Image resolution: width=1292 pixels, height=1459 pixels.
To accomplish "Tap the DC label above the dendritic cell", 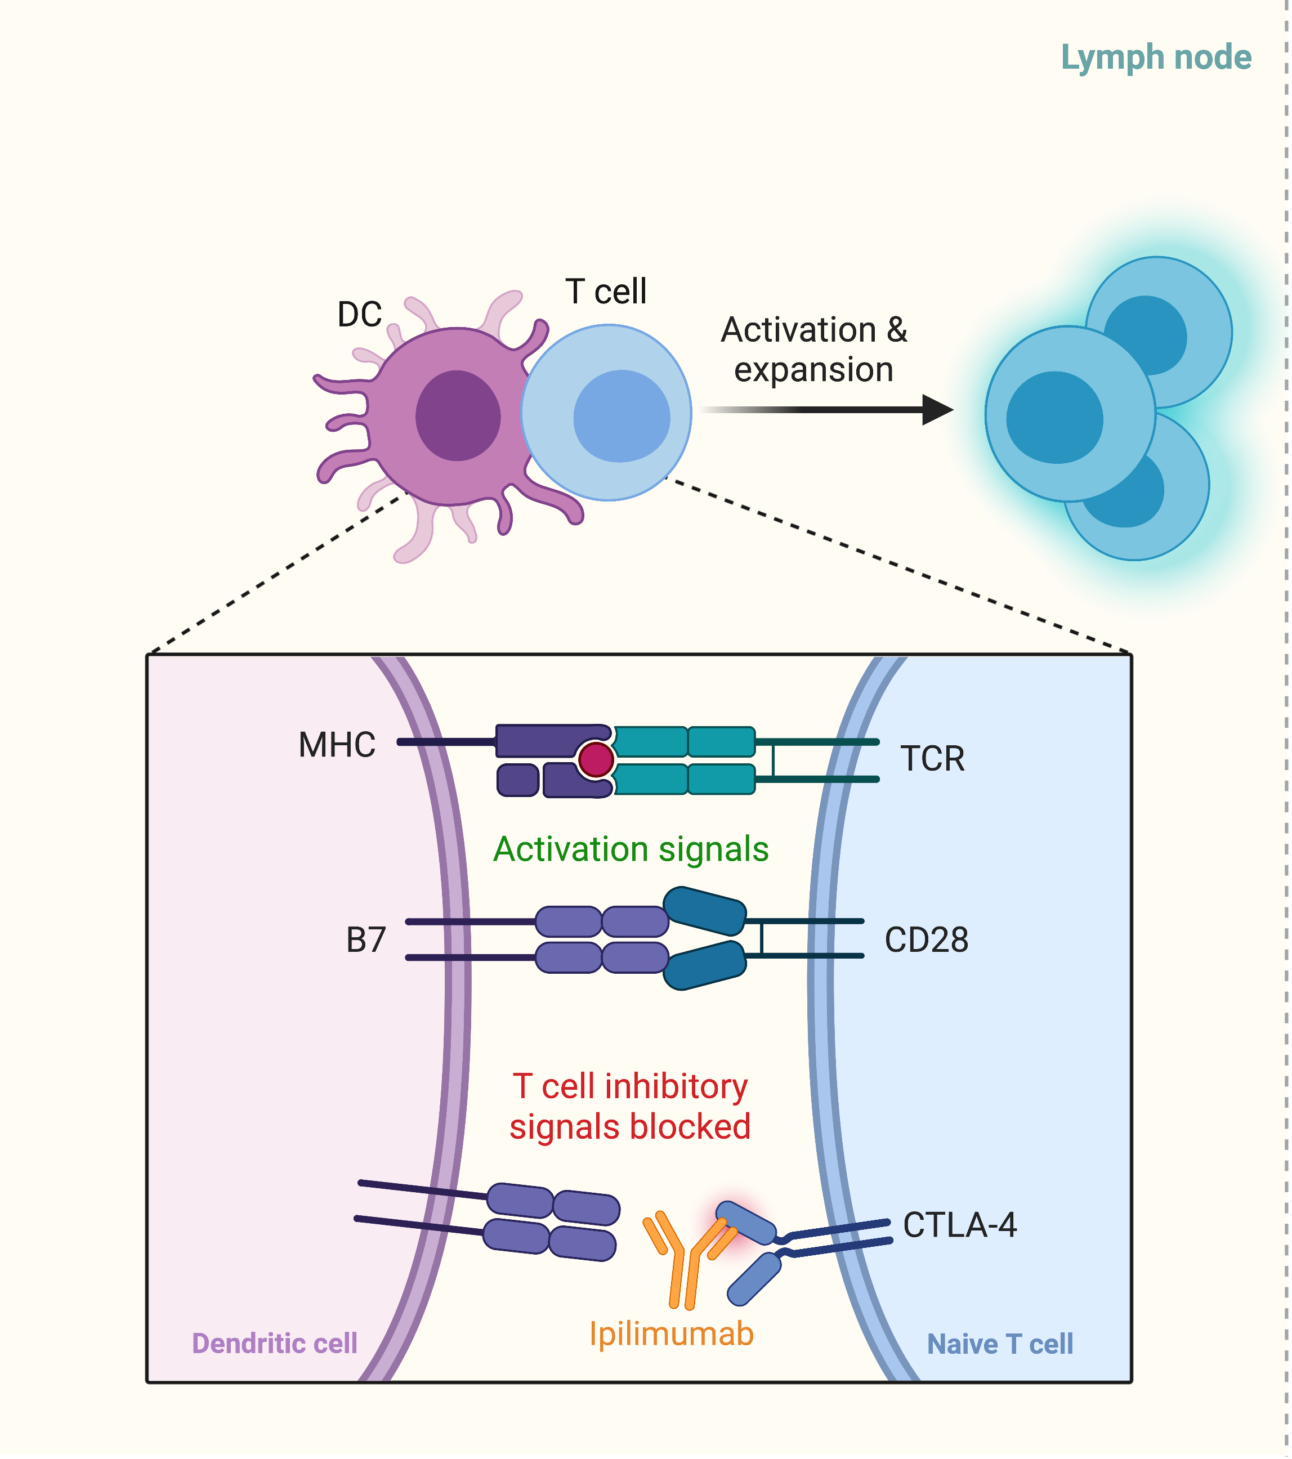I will (359, 314).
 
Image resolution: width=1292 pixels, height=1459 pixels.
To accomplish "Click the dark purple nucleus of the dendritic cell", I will (458, 415).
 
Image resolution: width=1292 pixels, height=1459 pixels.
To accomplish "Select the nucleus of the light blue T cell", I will (621, 415).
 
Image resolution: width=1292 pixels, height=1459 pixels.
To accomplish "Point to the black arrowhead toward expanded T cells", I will (937, 410).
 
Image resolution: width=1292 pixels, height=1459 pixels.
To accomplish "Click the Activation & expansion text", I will (813, 350).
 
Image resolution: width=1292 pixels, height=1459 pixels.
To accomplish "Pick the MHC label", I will (337, 745).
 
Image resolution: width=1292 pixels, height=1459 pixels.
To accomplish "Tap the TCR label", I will (932, 758).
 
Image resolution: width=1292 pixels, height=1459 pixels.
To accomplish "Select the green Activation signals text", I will (631, 849).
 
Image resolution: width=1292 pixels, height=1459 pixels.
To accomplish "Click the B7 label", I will (365, 940).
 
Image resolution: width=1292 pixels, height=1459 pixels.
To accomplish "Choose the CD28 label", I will (926, 940).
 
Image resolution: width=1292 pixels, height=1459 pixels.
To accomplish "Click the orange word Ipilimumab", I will (671, 1333).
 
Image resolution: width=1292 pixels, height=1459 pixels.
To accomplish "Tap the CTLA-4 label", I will (959, 1225).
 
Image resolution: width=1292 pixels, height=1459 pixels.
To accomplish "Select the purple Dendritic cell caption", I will (274, 1344).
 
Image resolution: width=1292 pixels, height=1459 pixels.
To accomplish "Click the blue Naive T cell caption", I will (999, 1344).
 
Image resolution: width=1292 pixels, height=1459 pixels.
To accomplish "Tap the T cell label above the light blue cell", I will (605, 291).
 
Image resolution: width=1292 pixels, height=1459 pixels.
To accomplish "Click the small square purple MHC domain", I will (517, 780).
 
